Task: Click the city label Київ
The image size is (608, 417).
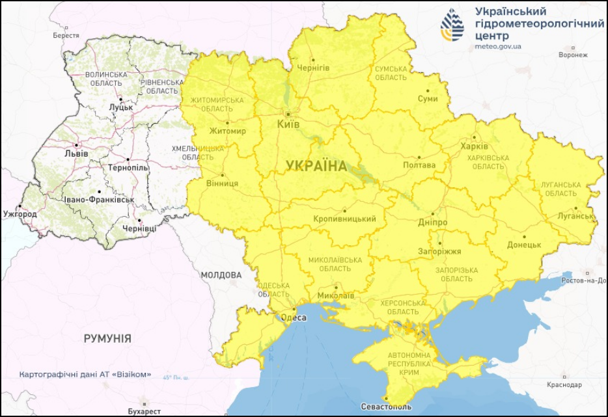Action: coord(288,124)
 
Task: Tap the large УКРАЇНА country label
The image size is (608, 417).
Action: coord(316,167)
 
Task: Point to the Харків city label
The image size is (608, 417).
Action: coord(474,146)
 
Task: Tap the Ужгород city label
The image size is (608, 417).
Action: coord(20,213)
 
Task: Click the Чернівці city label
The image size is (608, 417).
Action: coord(139,229)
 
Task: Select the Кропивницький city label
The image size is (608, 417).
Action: coord(344,219)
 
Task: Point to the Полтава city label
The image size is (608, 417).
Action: coord(419,165)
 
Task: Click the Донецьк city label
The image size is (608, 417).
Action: coord(523,245)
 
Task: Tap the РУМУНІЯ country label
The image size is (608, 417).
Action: coord(107,339)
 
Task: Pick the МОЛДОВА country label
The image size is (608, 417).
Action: coord(221,275)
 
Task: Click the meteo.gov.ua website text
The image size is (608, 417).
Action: coord(498,46)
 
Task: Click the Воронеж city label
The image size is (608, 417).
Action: coord(573,55)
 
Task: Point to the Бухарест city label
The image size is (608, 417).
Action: coord(144,411)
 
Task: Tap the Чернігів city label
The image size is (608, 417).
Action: coord(313,68)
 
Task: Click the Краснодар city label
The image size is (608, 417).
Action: coord(564,385)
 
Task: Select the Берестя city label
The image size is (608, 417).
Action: coord(66,36)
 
